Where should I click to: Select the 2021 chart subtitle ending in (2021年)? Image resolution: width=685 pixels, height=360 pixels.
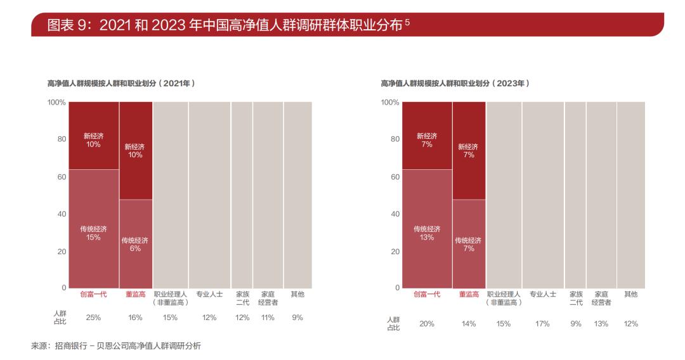[120, 83]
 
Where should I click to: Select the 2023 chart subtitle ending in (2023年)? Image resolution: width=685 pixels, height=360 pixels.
[454, 83]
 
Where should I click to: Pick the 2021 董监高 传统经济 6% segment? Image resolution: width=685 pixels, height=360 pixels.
[135, 244]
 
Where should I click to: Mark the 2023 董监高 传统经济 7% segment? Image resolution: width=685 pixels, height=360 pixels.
[469, 244]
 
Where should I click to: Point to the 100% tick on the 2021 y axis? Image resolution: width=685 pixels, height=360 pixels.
[57, 102]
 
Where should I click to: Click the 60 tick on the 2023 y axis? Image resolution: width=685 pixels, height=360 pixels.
[395, 177]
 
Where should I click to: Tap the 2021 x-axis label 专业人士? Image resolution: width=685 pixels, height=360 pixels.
[209, 294]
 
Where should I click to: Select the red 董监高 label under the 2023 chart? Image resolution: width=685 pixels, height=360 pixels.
[469, 294]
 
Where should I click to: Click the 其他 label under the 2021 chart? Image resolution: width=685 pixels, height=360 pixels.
[297, 294]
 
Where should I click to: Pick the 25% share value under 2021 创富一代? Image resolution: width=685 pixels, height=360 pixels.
[93, 318]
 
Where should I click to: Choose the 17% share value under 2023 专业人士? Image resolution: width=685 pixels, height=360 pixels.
[543, 324]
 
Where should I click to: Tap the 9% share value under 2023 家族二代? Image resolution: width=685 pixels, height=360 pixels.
[576, 324]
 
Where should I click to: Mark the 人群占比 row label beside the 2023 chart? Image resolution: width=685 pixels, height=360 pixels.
[394, 323]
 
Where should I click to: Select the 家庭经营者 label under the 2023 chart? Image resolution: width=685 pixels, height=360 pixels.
[601, 298]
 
